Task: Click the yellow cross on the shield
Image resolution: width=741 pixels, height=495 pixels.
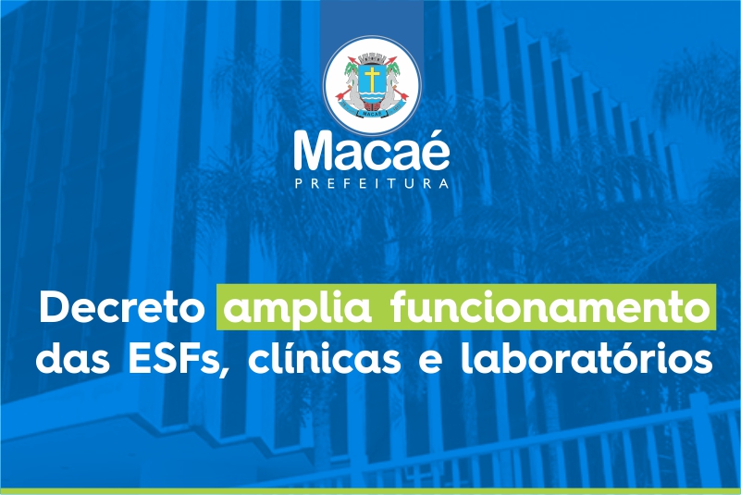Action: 372,79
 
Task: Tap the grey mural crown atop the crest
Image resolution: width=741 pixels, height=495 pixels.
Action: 372,59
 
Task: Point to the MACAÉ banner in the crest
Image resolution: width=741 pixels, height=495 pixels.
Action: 372,113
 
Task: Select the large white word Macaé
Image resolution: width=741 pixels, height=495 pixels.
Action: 372,150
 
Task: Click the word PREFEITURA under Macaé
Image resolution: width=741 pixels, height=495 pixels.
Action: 372,183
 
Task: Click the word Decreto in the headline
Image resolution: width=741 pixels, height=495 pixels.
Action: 122,307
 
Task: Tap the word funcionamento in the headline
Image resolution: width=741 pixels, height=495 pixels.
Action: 550,307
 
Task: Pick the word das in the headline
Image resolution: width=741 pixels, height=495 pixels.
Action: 73,358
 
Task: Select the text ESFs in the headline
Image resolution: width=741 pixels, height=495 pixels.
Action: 175,360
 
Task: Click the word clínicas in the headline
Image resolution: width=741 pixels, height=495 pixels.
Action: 324,358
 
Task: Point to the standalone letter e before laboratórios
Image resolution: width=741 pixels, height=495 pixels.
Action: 431,363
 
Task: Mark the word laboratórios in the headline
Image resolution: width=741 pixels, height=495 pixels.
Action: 587,358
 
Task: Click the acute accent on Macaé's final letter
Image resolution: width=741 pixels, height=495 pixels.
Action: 440,134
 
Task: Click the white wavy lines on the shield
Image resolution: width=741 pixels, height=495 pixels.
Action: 372,98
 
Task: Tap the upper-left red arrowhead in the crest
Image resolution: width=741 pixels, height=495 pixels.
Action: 351,60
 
